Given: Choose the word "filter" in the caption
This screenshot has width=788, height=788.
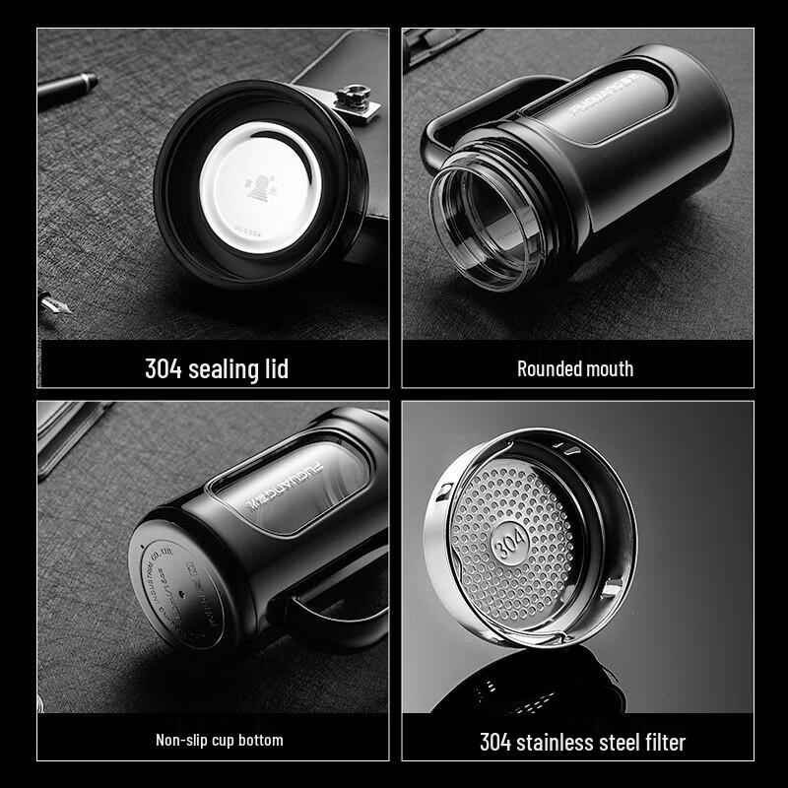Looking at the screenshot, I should [x=658, y=741].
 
